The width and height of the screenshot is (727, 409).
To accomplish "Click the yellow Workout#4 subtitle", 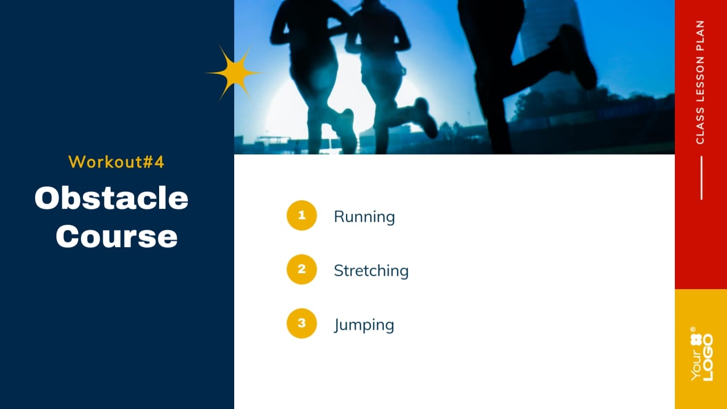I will point(117,161).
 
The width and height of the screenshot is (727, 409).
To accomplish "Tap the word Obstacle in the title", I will point(111,198).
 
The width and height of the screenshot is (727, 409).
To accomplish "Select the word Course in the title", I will point(117,236).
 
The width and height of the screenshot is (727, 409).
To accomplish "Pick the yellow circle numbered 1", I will point(302,215).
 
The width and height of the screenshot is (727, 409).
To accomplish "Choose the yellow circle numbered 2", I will point(302,269).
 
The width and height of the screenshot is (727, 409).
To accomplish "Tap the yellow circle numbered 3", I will point(302,323).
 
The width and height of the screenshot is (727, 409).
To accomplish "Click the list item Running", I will point(364,217).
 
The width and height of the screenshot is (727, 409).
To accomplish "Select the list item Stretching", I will point(371,271).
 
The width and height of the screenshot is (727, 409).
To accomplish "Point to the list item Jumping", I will point(364,325).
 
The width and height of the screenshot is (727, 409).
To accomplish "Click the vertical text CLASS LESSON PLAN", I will point(700,82).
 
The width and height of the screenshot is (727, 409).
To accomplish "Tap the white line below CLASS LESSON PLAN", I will point(701,178).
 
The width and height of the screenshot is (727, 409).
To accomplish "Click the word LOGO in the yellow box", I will point(708,357).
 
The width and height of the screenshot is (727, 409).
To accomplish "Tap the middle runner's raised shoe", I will point(426,117).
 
